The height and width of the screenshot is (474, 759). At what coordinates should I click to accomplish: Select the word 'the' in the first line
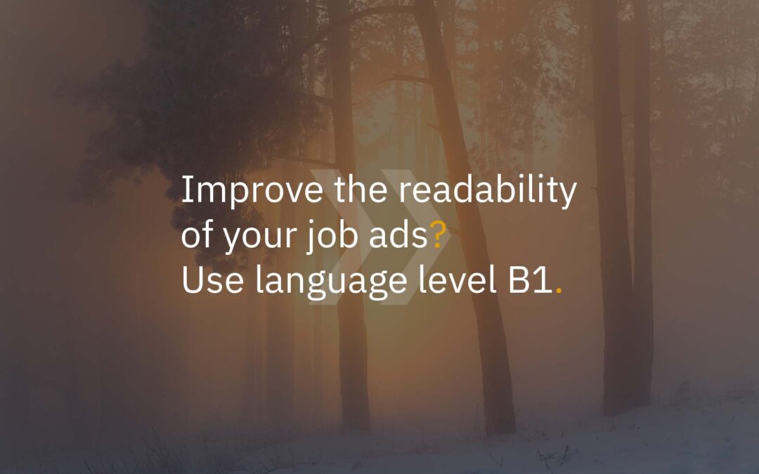361,189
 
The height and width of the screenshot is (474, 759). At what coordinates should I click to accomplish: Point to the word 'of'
197,234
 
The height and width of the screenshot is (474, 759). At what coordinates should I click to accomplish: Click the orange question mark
437,235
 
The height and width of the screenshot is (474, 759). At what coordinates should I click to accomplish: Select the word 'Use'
212,280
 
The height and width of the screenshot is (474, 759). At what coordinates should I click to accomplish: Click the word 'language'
331,283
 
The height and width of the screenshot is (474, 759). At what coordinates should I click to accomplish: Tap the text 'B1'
530,280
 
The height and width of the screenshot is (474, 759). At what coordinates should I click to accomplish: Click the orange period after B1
559,291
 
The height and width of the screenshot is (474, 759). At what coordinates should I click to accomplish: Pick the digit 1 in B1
543,280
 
